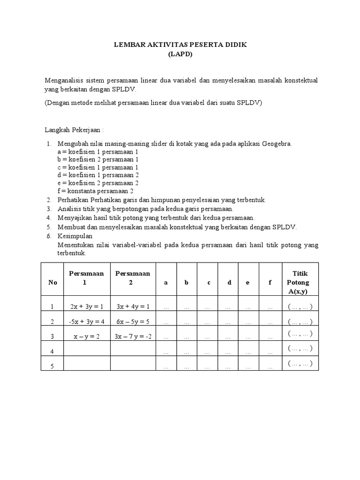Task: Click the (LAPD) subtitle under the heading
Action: (180, 54)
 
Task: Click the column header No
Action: (52, 283)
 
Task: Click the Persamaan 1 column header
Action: (85, 278)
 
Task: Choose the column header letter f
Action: (270, 283)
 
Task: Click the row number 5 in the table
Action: (52, 367)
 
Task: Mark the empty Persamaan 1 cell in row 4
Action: (85, 349)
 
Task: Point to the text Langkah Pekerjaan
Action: (74, 129)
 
